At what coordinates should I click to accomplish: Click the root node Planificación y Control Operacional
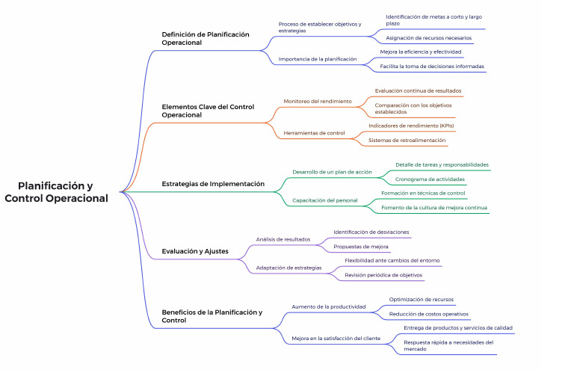click(x=56, y=192)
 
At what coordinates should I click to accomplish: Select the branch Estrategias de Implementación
click(x=213, y=184)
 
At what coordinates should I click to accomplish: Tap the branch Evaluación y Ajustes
click(x=195, y=251)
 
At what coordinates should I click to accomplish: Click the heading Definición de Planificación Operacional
click(x=206, y=38)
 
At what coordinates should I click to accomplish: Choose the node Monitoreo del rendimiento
click(x=317, y=101)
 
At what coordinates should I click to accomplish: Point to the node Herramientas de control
click(x=315, y=133)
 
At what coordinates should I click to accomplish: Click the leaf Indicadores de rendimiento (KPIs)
click(x=411, y=126)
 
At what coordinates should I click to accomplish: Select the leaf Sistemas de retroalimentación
click(x=407, y=140)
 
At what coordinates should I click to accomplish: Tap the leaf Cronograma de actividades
click(x=430, y=179)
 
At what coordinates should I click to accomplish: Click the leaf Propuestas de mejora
click(x=361, y=246)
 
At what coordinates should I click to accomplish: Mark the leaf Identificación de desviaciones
click(x=371, y=232)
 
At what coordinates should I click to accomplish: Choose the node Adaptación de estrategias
click(x=288, y=267)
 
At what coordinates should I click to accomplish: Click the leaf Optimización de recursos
click(x=421, y=299)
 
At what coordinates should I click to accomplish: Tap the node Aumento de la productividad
click(x=328, y=306)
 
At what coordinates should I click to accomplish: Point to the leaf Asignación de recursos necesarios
click(x=428, y=38)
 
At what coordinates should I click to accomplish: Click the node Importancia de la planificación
click(x=318, y=58)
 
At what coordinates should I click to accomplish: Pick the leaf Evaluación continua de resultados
click(x=418, y=90)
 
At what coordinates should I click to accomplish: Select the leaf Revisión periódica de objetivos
click(x=383, y=275)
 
